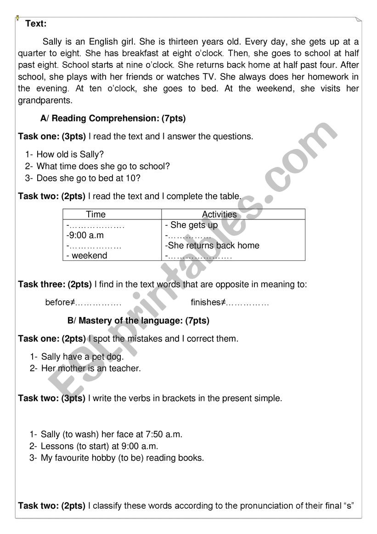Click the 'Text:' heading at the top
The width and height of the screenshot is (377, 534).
click(x=36, y=24)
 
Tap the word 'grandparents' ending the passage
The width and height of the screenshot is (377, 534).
click(x=45, y=100)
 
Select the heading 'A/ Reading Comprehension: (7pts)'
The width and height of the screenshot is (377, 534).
click(x=113, y=119)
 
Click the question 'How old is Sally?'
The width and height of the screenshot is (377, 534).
click(x=70, y=155)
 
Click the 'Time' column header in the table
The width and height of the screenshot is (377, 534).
click(x=96, y=214)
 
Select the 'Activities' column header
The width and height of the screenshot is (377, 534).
click(x=219, y=214)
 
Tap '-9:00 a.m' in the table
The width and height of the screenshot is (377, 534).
click(x=85, y=235)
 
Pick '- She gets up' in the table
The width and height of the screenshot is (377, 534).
click(x=191, y=225)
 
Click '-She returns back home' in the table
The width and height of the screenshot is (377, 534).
click(x=212, y=246)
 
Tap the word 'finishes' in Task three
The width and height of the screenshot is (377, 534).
click(x=206, y=303)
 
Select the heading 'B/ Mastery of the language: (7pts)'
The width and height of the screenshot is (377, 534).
click(x=138, y=321)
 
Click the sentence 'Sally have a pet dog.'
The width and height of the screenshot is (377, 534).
click(x=83, y=356)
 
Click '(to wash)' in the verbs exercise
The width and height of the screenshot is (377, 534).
click(x=78, y=434)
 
